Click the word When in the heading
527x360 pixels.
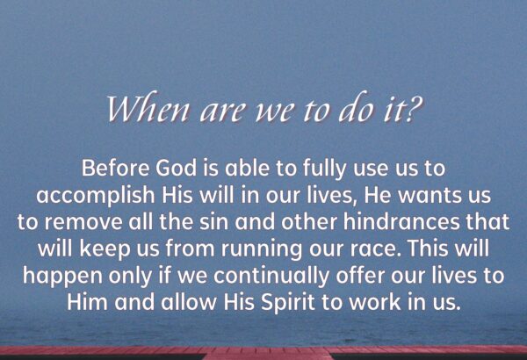pos(148,107)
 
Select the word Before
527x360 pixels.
pos(115,168)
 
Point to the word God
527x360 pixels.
pos(177,168)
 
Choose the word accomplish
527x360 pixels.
pos(96,196)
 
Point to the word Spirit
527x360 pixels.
pos(288,303)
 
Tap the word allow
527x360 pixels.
pos(189,302)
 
